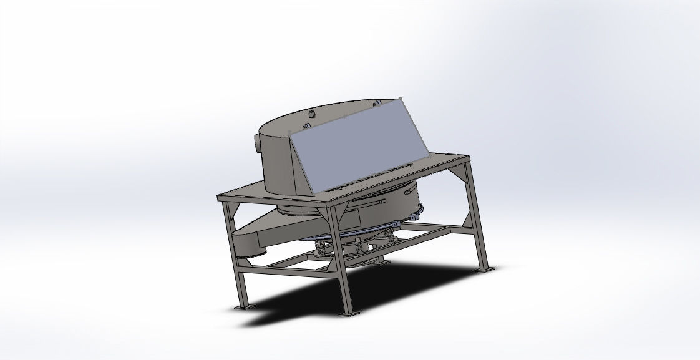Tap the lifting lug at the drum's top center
click(x=311, y=114)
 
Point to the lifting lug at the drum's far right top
click(x=377, y=104)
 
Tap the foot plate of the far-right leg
click(x=487, y=269)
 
